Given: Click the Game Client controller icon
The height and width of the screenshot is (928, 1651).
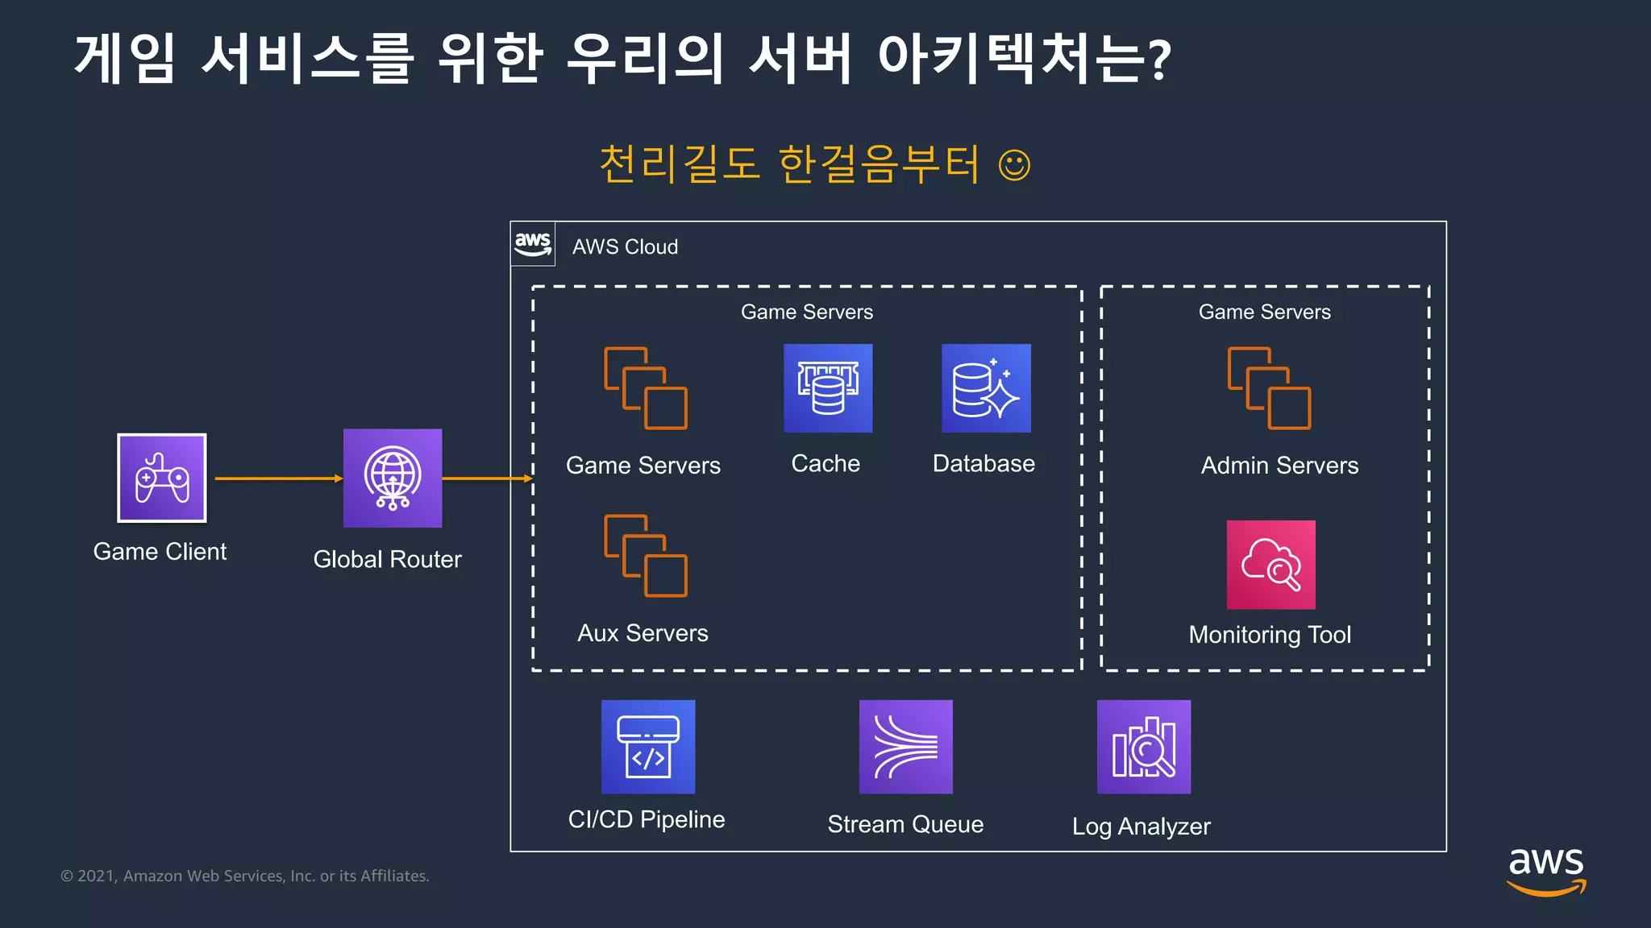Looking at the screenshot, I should [x=162, y=478].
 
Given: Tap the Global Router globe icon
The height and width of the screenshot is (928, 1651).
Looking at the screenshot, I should [x=393, y=478].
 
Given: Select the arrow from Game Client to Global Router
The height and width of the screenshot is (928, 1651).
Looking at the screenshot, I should [x=278, y=478].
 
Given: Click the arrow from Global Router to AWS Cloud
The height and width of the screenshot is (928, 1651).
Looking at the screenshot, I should [x=487, y=478].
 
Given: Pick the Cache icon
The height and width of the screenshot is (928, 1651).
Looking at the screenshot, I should [x=828, y=388].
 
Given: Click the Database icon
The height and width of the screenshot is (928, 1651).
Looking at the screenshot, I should [x=986, y=388].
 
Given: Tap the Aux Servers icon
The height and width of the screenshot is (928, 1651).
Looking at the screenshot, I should [x=646, y=556].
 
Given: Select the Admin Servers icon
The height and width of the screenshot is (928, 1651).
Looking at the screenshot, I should [x=1269, y=388].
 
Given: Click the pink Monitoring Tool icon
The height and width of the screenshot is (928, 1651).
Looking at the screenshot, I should [x=1270, y=565].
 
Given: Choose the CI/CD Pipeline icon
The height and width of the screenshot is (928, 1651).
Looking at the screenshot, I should [x=648, y=747].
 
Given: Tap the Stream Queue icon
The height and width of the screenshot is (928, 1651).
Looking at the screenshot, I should [x=905, y=747].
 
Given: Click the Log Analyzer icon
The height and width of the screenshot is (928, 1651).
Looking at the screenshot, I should [x=1143, y=747].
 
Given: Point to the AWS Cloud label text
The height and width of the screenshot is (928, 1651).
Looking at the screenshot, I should [x=625, y=247].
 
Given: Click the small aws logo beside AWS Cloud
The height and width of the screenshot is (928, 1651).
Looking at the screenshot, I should [x=533, y=244].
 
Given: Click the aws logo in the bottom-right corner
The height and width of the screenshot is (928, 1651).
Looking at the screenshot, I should [x=1545, y=870].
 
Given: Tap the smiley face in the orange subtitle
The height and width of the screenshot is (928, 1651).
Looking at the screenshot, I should [x=1014, y=165].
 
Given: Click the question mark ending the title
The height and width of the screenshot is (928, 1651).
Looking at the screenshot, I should [x=1159, y=60].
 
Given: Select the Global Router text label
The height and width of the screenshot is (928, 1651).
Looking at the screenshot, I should [x=387, y=559].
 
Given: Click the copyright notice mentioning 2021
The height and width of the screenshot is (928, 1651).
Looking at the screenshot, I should [x=245, y=876].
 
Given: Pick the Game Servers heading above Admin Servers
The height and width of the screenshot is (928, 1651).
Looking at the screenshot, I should [x=1264, y=312].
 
